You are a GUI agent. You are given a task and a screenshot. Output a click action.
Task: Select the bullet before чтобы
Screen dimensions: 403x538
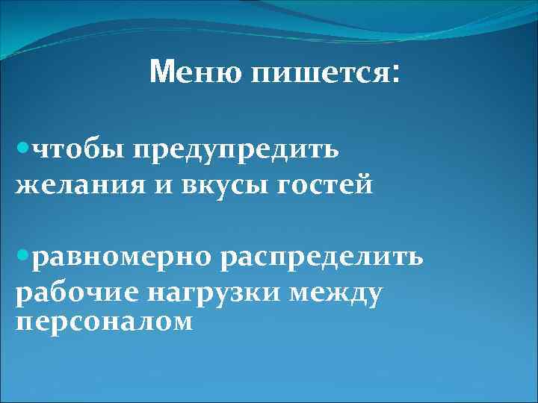pyautogui.click(x=22, y=149)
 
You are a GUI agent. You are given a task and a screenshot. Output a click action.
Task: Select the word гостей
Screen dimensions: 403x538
pyautogui.click(x=325, y=184)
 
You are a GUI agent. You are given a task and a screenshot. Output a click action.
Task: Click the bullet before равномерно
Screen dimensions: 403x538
pyautogui.click(x=22, y=257)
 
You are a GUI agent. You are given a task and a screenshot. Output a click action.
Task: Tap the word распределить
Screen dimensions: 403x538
pyautogui.click(x=322, y=259)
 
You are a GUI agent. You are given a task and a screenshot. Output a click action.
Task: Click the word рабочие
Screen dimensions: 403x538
pyautogui.click(x=78, y=293)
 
